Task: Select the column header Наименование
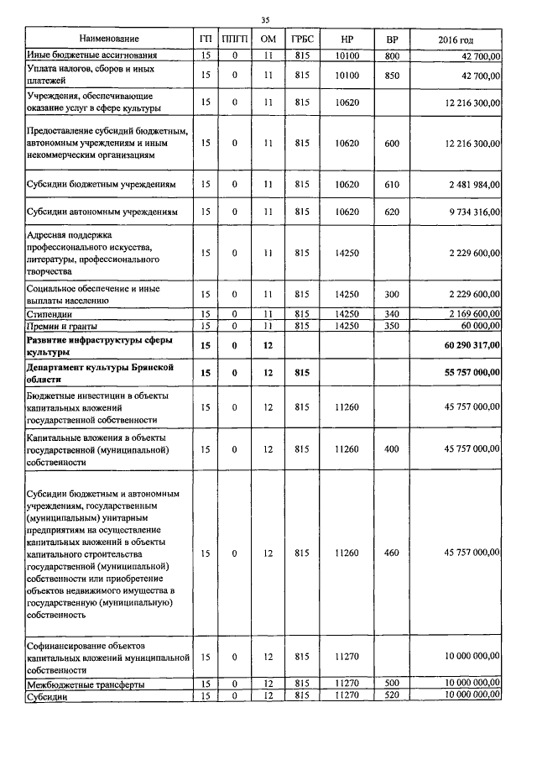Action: click(109, 39)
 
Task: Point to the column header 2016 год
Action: click(456, 40)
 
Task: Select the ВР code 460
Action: click(392, 553)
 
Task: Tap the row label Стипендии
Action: click(50, 313)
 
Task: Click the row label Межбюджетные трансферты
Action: click(85, 685)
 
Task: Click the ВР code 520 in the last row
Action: click(392, 696)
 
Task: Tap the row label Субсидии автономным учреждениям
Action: click(102, 212)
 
